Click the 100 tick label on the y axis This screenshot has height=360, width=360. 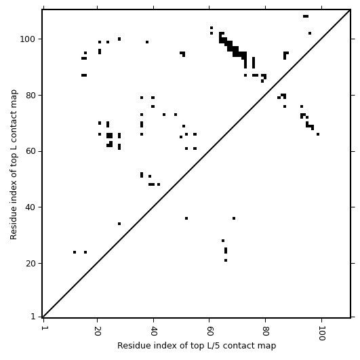(x=28, y=39)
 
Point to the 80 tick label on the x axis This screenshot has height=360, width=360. (x=265, y=331)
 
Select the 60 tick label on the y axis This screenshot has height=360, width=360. (x=31, y=152)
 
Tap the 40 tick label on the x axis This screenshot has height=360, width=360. (x=153, y=331)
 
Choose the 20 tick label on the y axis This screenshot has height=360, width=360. (x=31, y=263)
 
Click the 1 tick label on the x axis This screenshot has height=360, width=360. (x=43, y=328)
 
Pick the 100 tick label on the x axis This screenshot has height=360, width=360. (x=321, y=333)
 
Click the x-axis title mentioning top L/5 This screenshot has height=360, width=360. (x=197, y=346)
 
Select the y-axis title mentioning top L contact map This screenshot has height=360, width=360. (x=14, y=165)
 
